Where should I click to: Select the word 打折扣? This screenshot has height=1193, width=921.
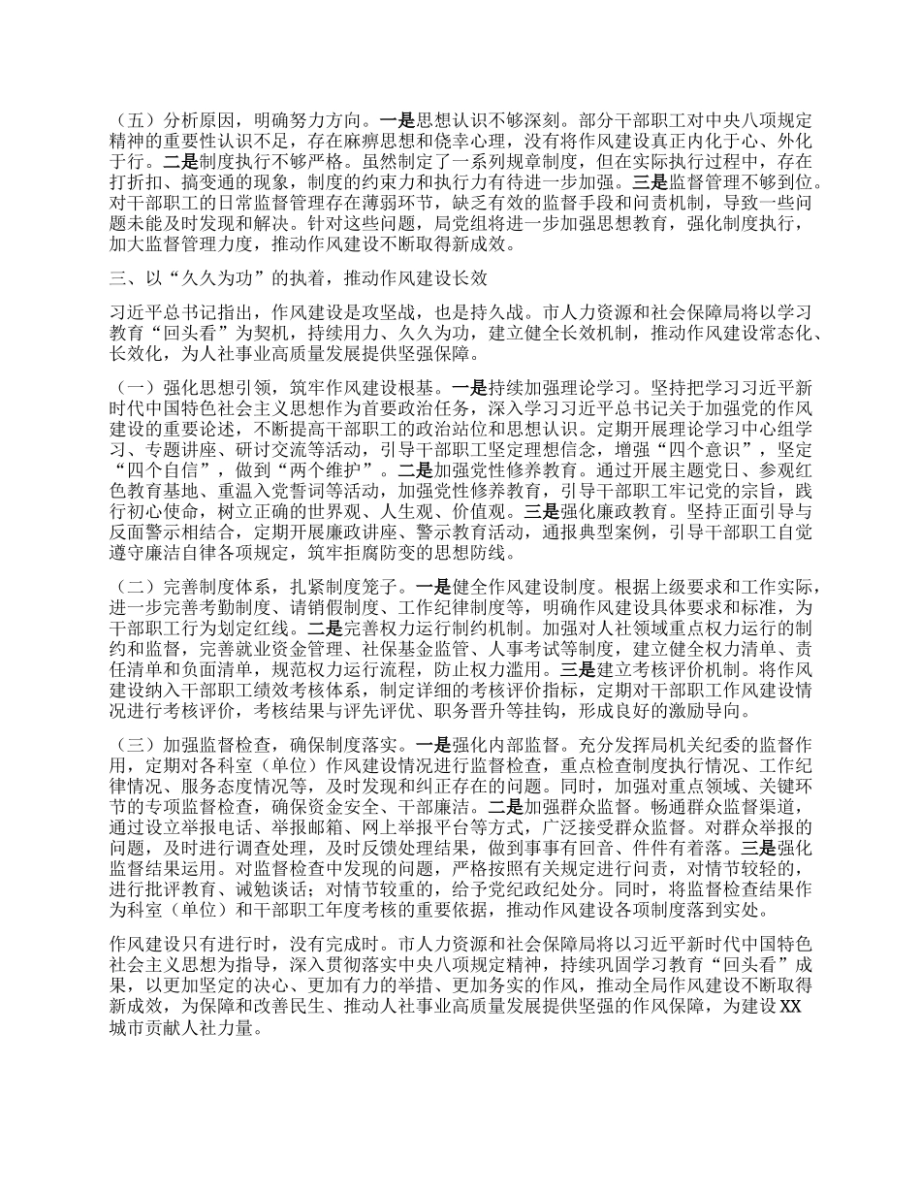pos(137,181)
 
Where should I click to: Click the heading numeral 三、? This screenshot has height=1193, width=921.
pos(118,280)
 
